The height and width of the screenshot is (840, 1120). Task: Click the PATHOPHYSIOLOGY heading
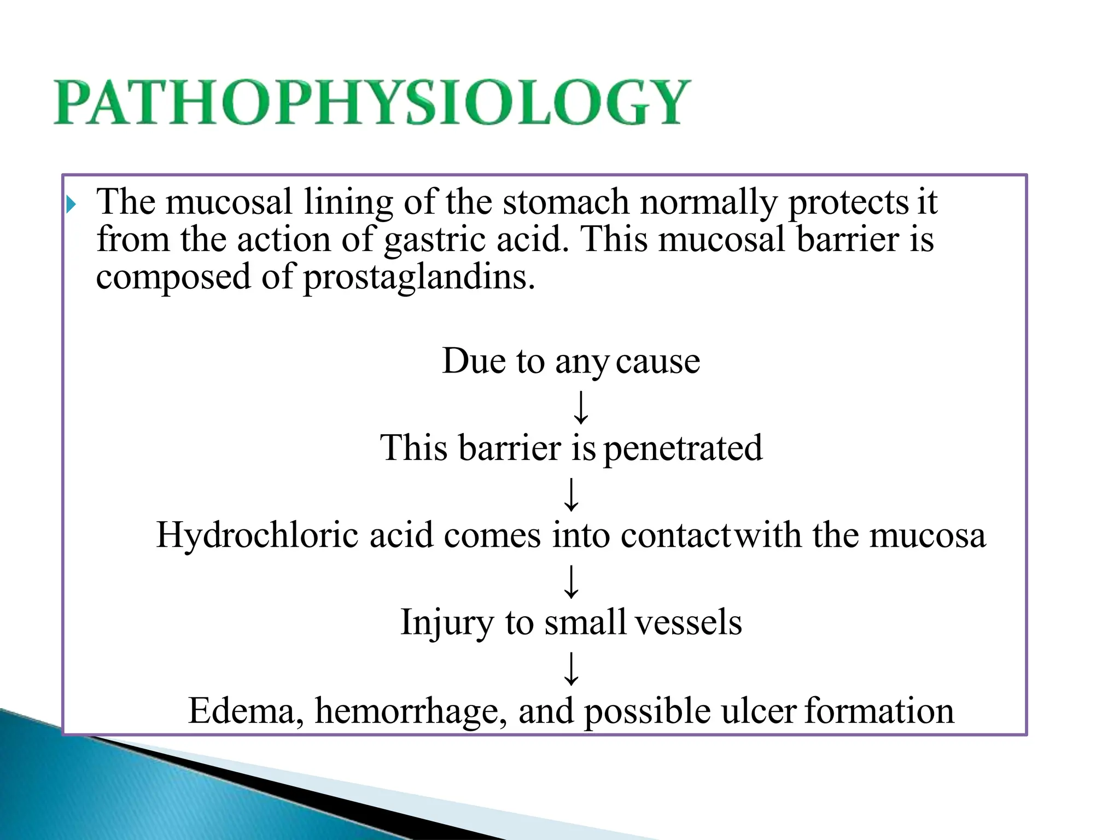click(372, 103)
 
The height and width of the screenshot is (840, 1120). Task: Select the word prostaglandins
click(419, 277)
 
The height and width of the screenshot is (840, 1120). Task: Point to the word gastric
click(434, 240)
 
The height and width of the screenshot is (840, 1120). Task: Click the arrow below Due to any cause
click(580, 407)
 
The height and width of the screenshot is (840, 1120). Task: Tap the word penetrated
click(682, 448)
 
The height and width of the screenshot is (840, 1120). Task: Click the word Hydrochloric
click(257, 535)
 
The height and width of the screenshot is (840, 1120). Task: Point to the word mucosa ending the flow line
click(927, 535)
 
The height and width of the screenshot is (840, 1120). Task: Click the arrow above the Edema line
click(571, 668)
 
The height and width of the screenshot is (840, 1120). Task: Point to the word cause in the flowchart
click(658, 361)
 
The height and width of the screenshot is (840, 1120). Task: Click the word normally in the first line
click(709, 202)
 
